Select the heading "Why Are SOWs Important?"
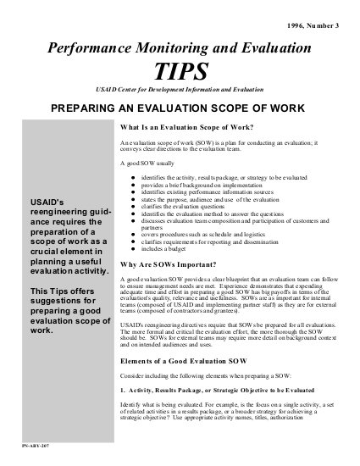point(160,241)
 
